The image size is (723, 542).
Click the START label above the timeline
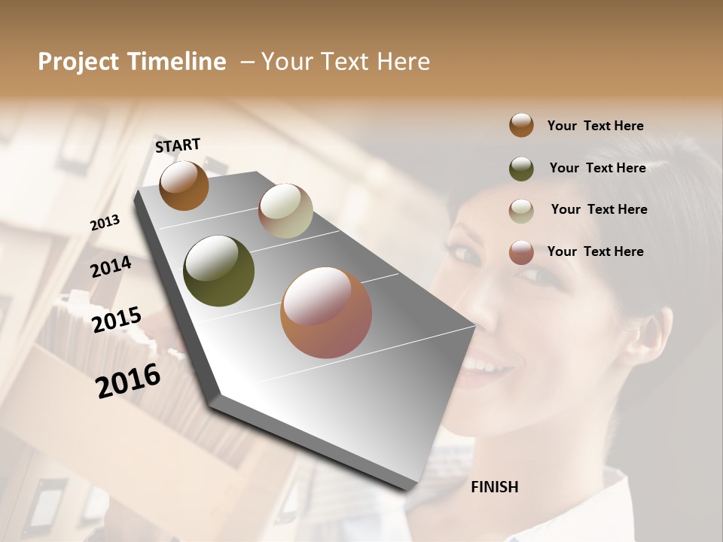(178, 145)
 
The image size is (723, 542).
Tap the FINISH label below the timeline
(494, 487)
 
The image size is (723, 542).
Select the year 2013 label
(105, 223)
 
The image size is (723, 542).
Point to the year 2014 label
(111, 267)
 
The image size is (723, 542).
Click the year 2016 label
(128, 381)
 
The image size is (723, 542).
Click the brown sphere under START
(184, 185)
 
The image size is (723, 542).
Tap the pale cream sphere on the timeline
(285, 211)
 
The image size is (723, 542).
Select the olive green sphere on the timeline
(219, 271)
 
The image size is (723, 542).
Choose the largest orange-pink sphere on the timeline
(326, 312)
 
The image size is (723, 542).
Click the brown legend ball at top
(521, 125)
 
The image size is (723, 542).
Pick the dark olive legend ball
(521, 168)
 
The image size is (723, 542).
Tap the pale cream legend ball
(521, 210)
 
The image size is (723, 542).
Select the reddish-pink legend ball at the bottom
(521, 252)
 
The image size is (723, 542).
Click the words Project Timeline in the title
(132, 62)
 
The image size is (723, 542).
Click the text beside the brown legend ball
(595, 126)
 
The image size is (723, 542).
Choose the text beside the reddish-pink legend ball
(595, 251)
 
